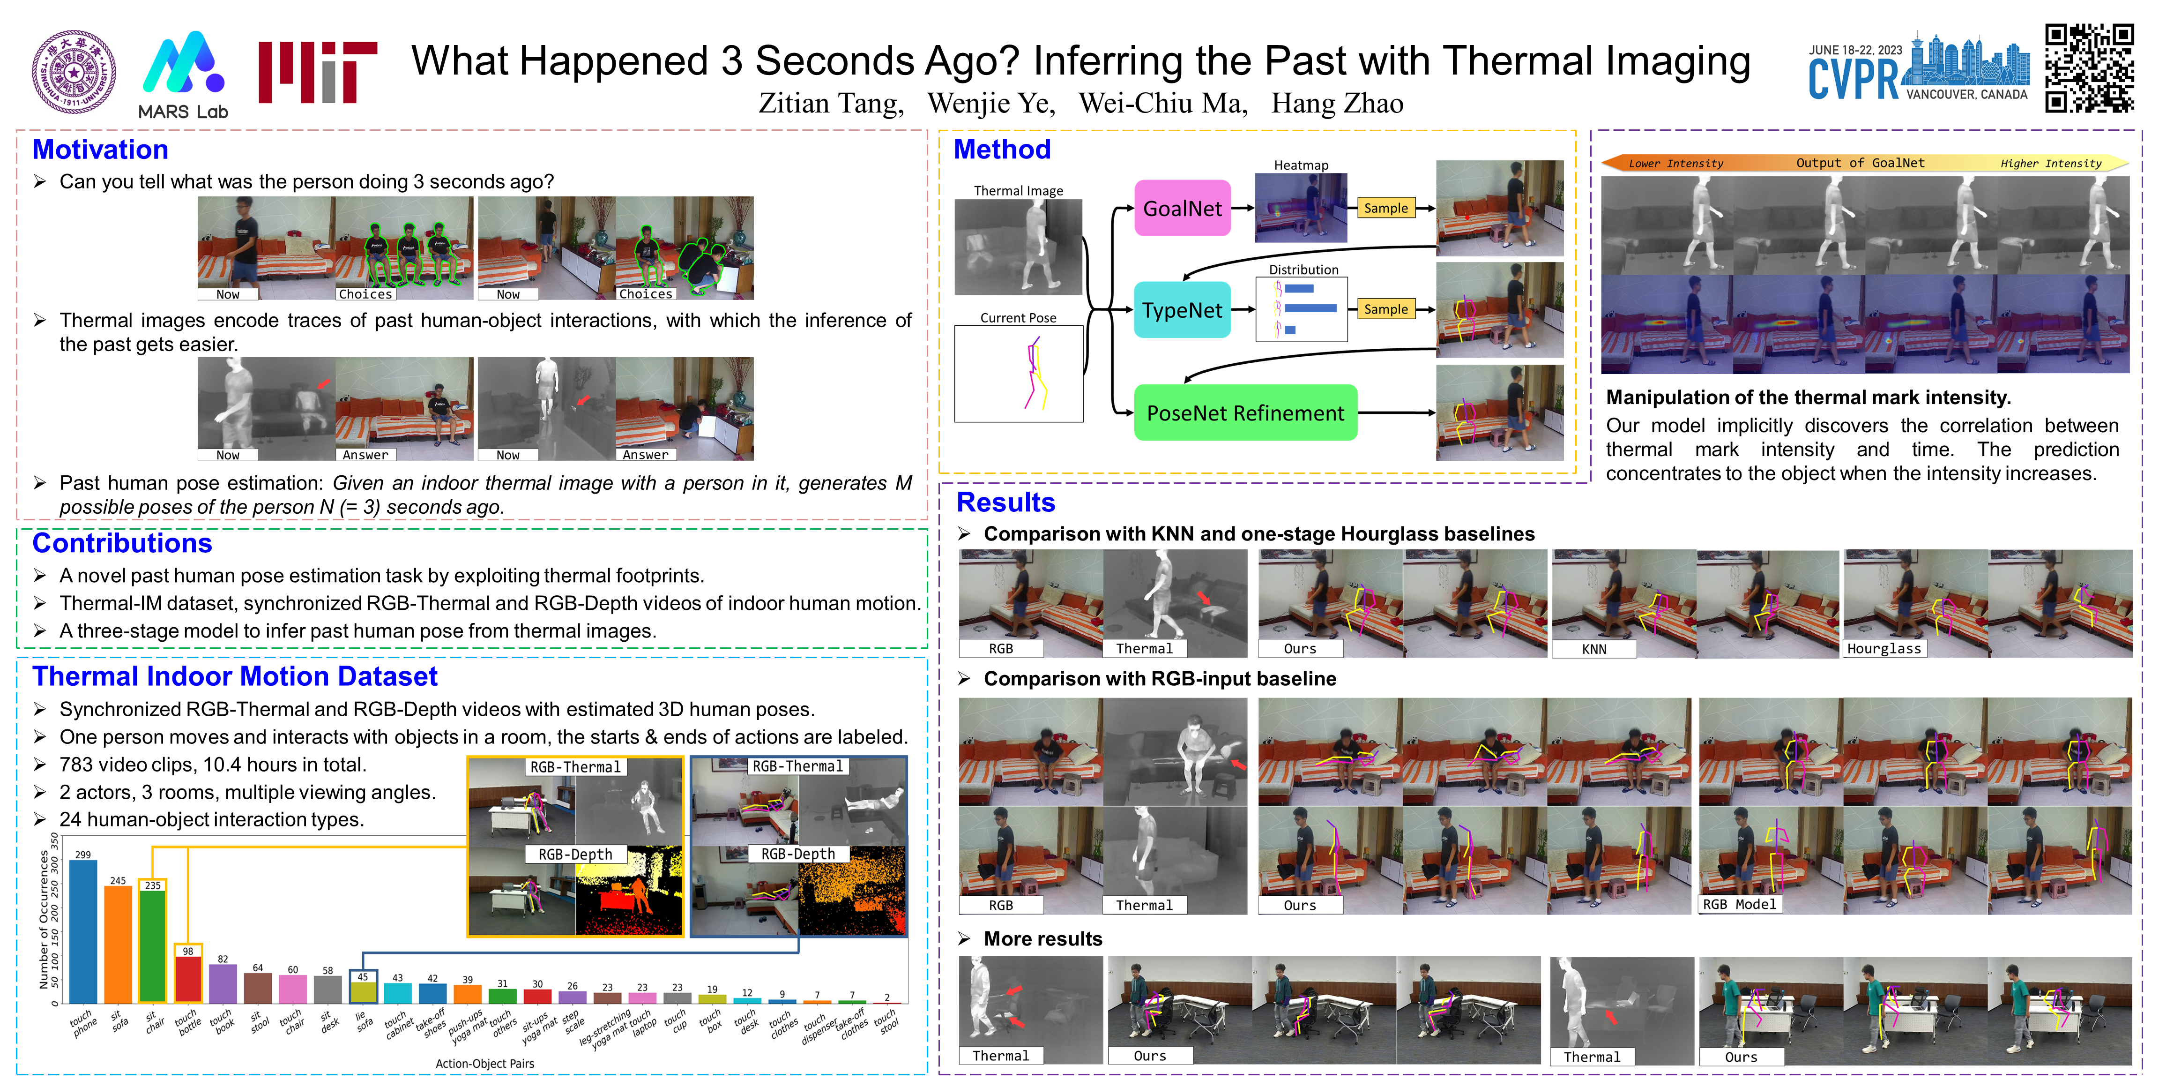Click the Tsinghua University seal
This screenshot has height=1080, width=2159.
[74, 72]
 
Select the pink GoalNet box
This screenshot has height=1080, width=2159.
[1183, 208]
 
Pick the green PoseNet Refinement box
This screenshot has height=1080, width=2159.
[1245, 412]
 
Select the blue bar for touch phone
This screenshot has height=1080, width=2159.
[83, 931]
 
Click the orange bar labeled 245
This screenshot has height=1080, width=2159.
[118, 945]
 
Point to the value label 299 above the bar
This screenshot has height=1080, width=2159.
[83, 855]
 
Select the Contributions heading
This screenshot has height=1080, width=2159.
[122, 543]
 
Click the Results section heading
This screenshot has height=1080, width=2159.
[1006, 502]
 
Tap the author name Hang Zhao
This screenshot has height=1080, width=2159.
[1337, 103]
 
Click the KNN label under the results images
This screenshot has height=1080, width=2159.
[1594, 649]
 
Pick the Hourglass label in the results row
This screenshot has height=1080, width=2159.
[1884, 649]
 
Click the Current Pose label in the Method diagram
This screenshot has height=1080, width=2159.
[1018, 318]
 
